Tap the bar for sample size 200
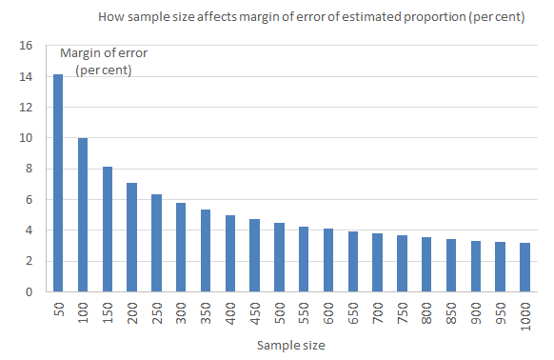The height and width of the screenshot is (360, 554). (131, 237)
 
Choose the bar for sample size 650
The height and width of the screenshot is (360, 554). (352, 262)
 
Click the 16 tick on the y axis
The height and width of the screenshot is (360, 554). (26, 46)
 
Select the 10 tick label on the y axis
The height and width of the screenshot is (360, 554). (26, 138)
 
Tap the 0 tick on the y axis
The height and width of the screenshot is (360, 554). (29, 292)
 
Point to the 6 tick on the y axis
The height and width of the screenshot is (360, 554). (29, 200)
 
